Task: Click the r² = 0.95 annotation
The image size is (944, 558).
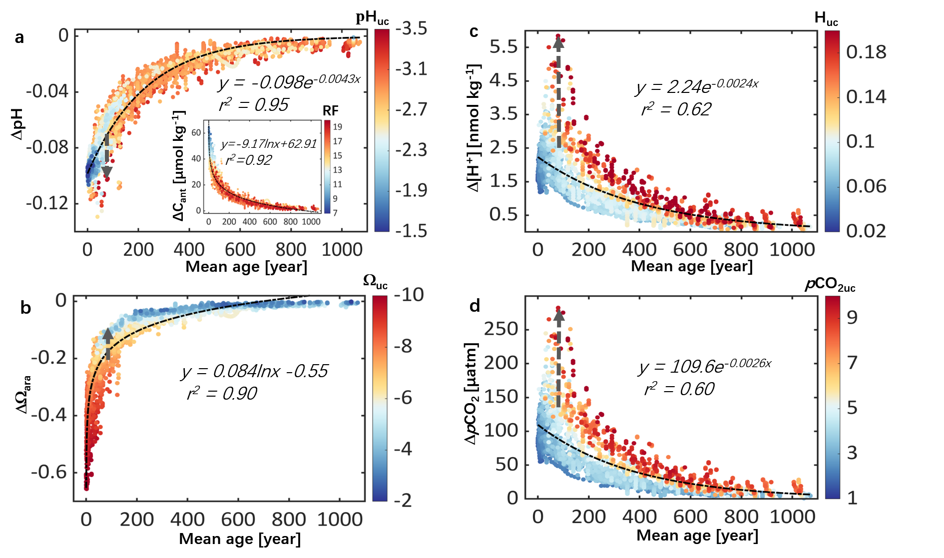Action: [254, 105]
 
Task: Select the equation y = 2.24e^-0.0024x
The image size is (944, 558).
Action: [697, 86]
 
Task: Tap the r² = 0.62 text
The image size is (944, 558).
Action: [676, 109]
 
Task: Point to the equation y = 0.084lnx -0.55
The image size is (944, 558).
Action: [255, 371]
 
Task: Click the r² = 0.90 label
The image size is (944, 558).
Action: [222, 394]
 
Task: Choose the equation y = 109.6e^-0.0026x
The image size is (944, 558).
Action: [705, 366]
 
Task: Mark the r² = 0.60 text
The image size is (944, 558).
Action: [679, 389]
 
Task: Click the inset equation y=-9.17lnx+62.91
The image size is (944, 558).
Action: [269, 144]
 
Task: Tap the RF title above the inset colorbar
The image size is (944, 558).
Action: [331, 111]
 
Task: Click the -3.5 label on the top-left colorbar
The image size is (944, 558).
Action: [411, 29]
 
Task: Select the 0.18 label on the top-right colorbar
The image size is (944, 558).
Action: [866, 52]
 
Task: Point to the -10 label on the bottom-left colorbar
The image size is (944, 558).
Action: [409, 295]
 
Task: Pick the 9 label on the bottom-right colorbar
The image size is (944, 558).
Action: [852, 317]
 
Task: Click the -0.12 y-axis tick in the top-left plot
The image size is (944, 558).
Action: [47, 203]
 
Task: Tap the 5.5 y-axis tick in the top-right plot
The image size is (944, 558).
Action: [503, 47]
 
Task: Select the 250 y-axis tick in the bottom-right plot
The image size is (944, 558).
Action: [501, 329]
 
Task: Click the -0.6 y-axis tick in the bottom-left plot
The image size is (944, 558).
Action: [49, 472]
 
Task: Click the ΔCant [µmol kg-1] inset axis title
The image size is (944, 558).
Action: [179, 165]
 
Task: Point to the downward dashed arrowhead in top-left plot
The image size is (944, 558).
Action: [106, 172]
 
